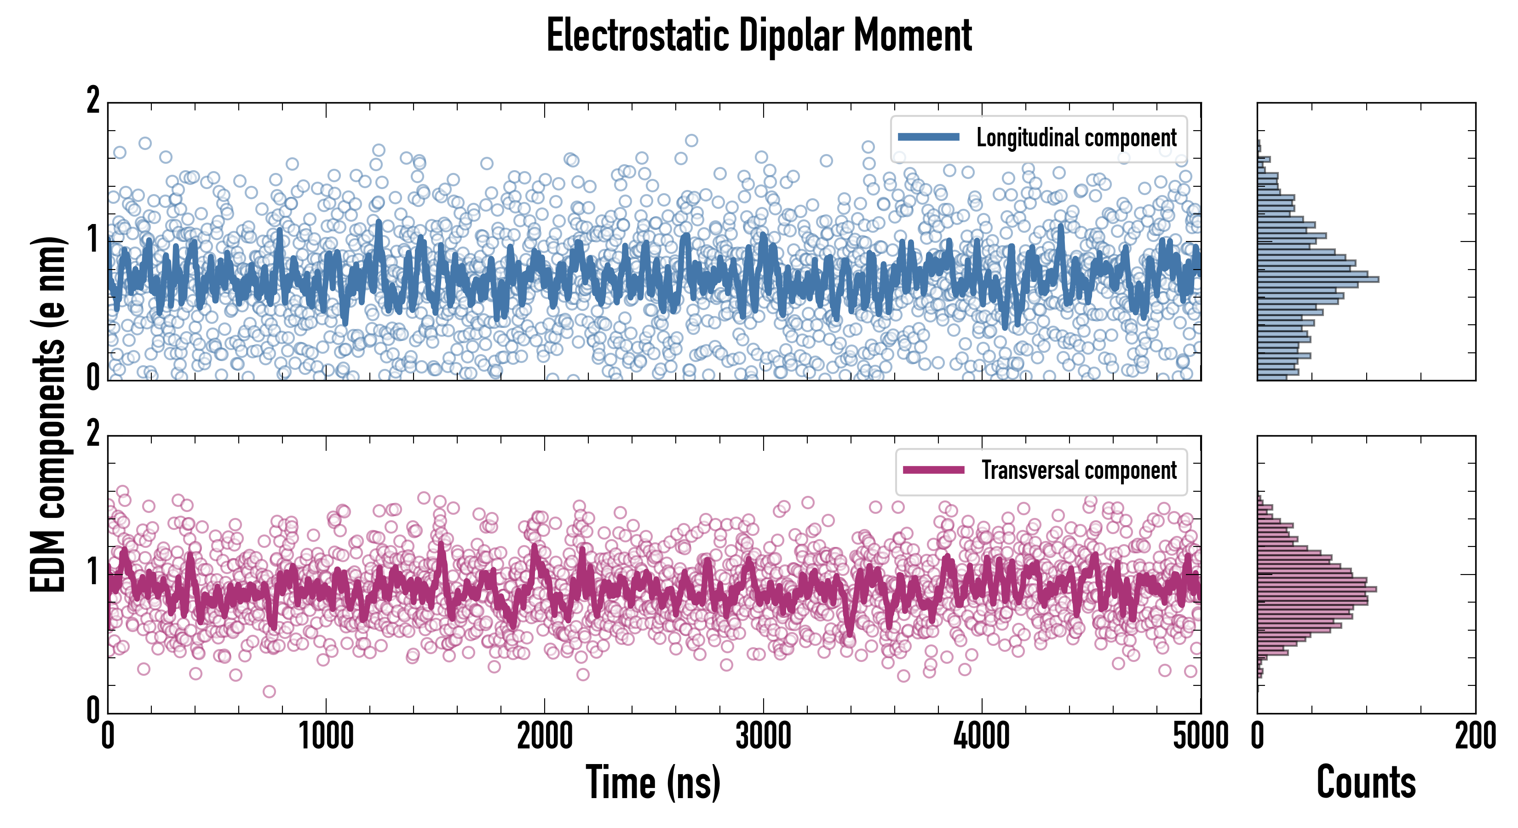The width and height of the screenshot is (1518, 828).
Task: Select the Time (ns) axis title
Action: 653,782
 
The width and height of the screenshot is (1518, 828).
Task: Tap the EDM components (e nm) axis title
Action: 48,414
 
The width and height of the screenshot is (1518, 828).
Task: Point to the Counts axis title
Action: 1366,782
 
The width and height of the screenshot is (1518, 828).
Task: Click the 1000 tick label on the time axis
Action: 326,736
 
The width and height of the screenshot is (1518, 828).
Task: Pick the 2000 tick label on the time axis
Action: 545,736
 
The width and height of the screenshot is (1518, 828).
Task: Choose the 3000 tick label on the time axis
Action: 763,736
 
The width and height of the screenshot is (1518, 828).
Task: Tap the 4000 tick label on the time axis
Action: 982,736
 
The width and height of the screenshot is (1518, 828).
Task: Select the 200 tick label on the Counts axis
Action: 1475,736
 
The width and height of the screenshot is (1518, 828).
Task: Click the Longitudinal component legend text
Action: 1076,138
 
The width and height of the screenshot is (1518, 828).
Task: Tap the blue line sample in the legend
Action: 929,138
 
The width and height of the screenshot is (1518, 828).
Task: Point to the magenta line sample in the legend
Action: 933,470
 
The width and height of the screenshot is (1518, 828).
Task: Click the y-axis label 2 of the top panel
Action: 93,101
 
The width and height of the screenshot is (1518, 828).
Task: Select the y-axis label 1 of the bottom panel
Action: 93,572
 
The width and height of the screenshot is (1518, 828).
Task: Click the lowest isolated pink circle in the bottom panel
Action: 269,691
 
